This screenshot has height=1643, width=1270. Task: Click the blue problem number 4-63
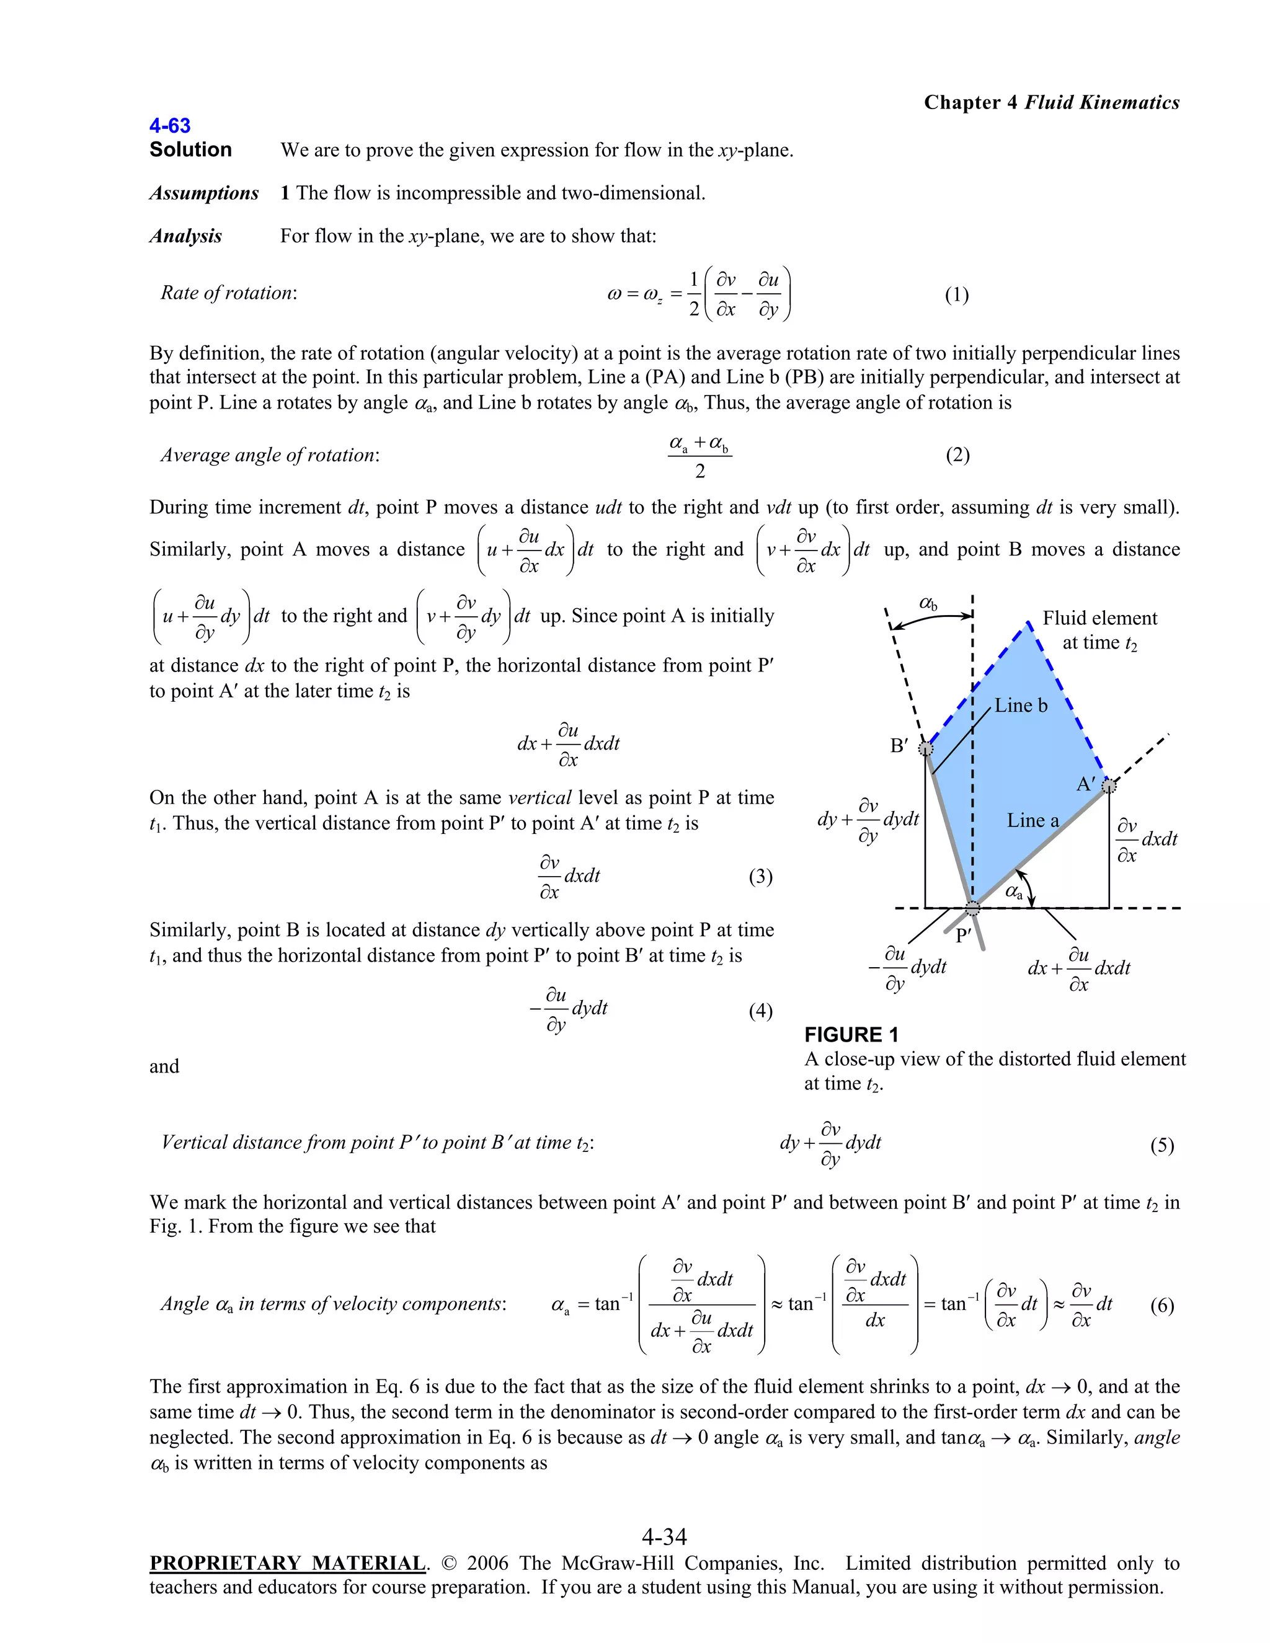coord(170,126)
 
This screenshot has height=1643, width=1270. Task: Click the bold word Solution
coord(190,149)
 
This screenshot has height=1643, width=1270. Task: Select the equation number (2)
coord(957,454)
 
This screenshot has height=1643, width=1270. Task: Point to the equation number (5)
coord(1161,1145)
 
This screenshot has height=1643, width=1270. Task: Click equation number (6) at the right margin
coord(1161,1305)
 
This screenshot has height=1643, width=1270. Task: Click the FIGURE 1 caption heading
coord(851,1034)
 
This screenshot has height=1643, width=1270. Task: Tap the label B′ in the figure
coord(899,745)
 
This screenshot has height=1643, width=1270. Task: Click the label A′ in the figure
coord(1085,784)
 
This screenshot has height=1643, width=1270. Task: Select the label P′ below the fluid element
coord(963,936)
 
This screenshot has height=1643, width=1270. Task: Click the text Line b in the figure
coord(1020,705)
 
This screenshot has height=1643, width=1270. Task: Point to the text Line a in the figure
coord(1032,820)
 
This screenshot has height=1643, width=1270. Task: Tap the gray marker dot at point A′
coord(1109,786)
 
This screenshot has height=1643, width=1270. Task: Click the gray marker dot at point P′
coord(973,908)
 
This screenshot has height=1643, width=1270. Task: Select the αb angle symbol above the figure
coord(928,603)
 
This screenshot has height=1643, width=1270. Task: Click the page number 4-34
coord(664,1536)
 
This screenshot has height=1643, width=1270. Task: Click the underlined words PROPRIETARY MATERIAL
coord(287,1563)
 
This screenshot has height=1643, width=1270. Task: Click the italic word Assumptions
coord(204,193)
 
